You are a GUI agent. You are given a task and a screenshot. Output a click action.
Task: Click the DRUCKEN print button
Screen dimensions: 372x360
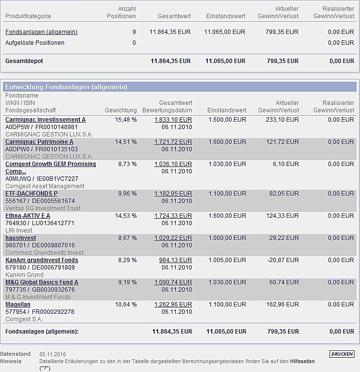pos(342,354)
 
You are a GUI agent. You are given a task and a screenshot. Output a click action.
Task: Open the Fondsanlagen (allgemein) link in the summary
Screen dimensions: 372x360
pos(41,32)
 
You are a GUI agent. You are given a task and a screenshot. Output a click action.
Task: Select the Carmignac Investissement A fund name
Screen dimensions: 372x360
pos(45,120)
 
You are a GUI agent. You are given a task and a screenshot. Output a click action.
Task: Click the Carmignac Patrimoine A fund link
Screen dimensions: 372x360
pos(39,142)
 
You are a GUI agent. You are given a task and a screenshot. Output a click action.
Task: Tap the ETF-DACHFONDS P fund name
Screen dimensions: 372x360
pos(32,194)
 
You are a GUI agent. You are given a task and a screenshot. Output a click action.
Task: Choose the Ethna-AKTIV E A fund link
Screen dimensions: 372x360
pos(28,216)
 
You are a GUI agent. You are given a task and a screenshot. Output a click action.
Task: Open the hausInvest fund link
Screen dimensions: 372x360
pos(21,238)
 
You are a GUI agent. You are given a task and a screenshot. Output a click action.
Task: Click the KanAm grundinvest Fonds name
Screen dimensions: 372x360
pos(42,260)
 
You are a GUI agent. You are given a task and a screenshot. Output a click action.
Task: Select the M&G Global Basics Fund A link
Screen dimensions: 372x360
pos(42,282)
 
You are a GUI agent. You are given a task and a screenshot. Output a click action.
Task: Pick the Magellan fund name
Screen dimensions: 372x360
pos(18,304)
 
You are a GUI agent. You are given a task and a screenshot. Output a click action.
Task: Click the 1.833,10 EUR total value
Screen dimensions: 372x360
pos(173,120)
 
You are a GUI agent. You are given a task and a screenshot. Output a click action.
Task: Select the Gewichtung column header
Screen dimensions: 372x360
pos(121,110)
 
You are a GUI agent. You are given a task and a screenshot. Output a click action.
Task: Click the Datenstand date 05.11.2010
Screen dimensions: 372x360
pos(53,354)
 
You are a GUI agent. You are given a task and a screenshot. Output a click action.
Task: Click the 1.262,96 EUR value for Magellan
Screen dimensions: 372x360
pos(173,304)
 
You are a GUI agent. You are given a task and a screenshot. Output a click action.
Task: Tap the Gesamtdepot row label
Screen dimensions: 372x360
pos(24,61)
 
